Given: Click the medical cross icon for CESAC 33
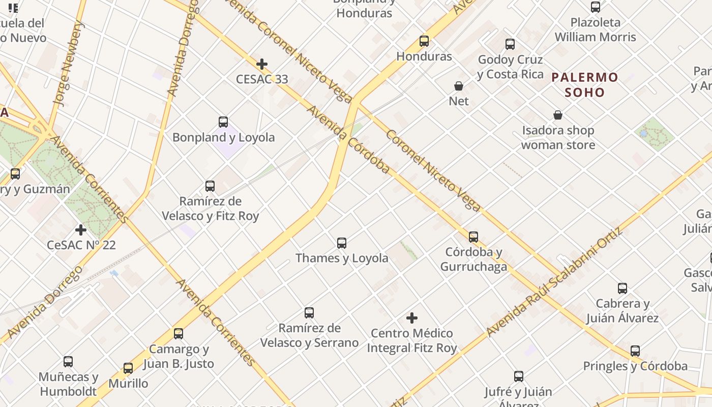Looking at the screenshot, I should point(262,64).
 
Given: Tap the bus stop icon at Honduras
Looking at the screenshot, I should point(424,41).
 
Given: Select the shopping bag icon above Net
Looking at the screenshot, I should point(459,86).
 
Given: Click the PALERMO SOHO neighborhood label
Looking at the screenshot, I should point(585,85).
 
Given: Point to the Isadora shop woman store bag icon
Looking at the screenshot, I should point(558,115).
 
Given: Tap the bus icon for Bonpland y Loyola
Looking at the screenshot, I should point(223,122).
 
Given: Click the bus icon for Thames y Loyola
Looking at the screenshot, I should point(342,243).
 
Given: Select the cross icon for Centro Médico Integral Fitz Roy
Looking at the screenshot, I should point(412,318).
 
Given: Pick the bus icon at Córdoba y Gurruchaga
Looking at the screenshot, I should point(473,237).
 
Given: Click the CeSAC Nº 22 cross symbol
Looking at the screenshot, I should point(81,230).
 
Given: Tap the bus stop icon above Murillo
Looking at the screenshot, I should point(128,368).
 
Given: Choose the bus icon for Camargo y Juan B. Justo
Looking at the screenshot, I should point(179,334).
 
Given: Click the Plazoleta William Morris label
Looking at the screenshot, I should point(595,30).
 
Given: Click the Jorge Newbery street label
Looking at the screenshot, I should point(68,64).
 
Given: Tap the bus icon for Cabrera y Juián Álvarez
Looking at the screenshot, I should point(622,288).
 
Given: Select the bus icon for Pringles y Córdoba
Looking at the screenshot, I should point(635,351).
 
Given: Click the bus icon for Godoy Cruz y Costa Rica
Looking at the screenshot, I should point(510,44).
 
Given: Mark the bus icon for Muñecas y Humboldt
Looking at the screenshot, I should point(68,362).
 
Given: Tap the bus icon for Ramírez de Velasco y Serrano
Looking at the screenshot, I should point(309,313).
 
